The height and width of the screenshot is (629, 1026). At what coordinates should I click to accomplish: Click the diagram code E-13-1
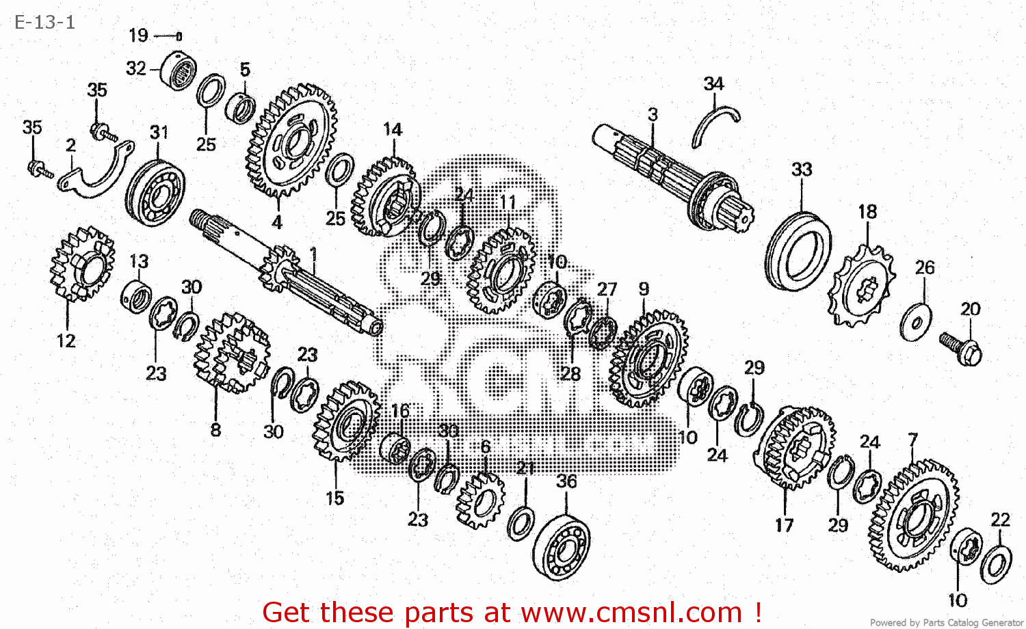44,22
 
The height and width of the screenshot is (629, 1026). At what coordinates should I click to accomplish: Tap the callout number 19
138,36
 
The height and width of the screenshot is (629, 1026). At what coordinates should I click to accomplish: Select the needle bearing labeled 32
179,70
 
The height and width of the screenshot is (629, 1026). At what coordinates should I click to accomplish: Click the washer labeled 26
915,323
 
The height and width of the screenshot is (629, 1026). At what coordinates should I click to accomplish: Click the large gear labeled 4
291,141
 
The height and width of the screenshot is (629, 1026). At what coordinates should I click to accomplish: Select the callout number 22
1000,520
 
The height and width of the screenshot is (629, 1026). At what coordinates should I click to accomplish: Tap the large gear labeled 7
913,516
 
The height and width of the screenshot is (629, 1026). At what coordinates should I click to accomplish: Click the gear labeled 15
345,421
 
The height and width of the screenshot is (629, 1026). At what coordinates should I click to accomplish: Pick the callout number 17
784,525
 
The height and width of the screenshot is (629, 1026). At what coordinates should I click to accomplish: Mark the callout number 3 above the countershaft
653,114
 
